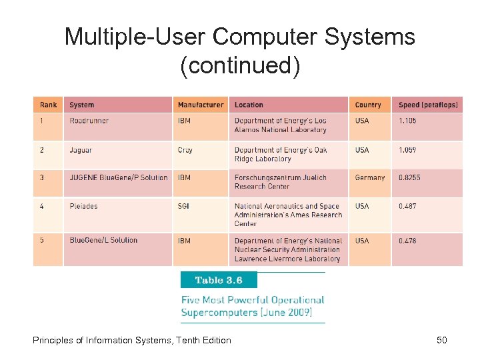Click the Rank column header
point(48,105)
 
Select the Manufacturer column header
point(200,105)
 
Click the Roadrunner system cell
point(89,121)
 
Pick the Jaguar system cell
point(81,150)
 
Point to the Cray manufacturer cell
point(185,150)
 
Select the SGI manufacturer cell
point(183,206)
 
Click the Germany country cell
point(370,178)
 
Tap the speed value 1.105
point(407,121)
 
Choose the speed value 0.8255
point(409,178)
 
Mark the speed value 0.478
point(407,240)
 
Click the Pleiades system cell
point(83,206)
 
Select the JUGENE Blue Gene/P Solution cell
point(118,178)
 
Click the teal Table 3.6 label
point(219,280)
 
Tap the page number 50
point(441,341)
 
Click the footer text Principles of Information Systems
point(107,341)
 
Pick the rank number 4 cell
point(42,206)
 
